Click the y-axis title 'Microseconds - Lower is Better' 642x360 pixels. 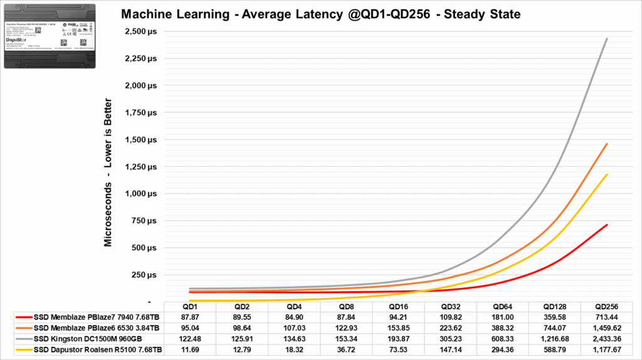pos(108,172)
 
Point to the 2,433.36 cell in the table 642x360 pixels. pos(607,339)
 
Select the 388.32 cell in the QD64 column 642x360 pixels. pos(502,328)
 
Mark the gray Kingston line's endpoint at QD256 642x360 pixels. pos(607,38)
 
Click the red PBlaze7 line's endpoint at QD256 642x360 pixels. pos(607,225)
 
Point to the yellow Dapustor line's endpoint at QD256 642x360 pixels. pos(607,174)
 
